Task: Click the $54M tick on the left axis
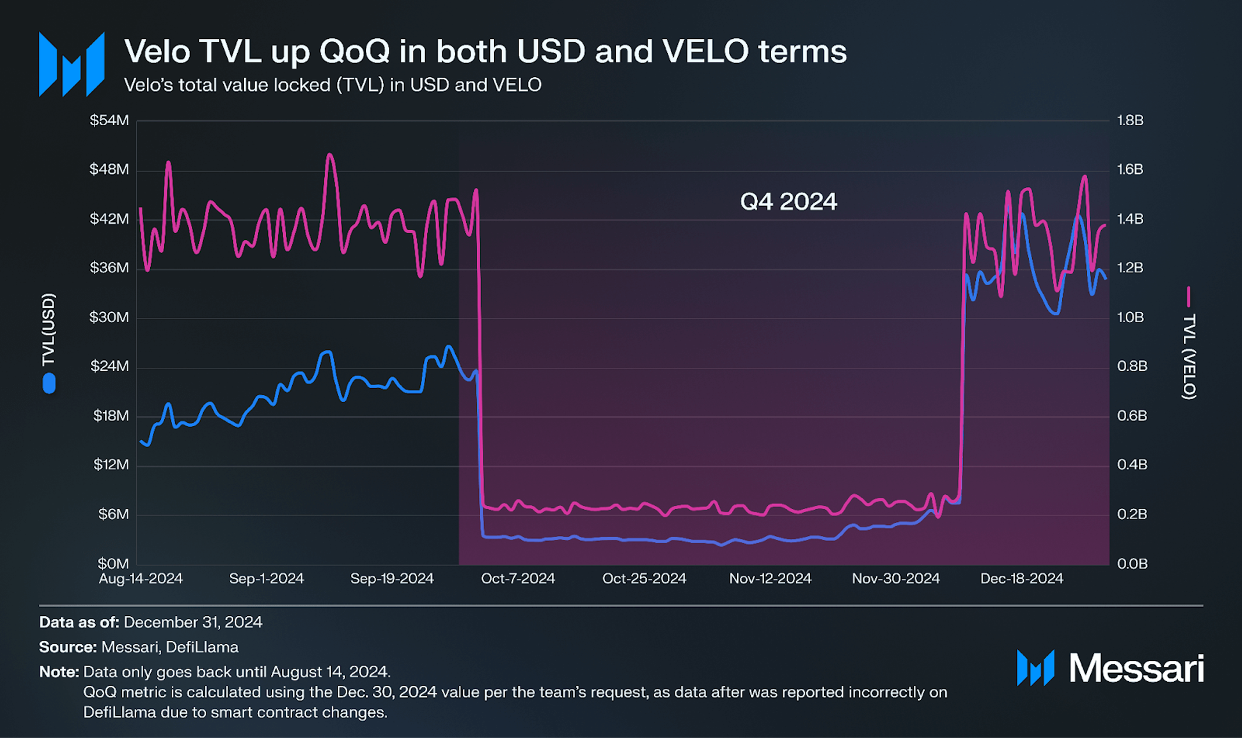pyautogui.click(x=109, y=120)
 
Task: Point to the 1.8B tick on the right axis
pyautogui.click(x=1130, y=120)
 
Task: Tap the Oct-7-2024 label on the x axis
pyautogui.click(x=518, y=579)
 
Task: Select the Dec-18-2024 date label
pyautogui.click(x=1022, y=579)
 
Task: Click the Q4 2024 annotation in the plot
pyautogui.click(x=788, y=202)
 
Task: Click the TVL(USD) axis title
pyautogui.click(x=49, y=330)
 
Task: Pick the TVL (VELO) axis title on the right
pyautogui.click(x=1189, y=356)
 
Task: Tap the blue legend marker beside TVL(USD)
pyautogui.click(x=49, y=383)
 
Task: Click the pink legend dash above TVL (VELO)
pyautogui.click(x=1189, y=296)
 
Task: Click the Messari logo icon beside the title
pyautogui.click(x=71, y=64)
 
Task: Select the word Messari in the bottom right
pyautogui.click(x=1136, y=668)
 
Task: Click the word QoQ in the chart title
pyautogui.click(x=354, y=52)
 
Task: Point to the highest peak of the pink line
pyautogui.click(x=330, y=155)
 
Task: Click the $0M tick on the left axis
pyautogui.click(x=113, y=564)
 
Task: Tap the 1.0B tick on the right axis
pyautogui.click(x=1130, y=317)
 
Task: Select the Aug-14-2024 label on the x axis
pyautogui.click(x=140, y=579)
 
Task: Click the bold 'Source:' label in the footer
pyautogui.click(x=68, y=647)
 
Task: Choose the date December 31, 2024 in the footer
pyautogui.click(x=193, y=622)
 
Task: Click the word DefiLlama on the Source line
pyautogui.click(x=202, y=647)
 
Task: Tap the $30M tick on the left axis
pyautogui.click(x=109, y=317)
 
